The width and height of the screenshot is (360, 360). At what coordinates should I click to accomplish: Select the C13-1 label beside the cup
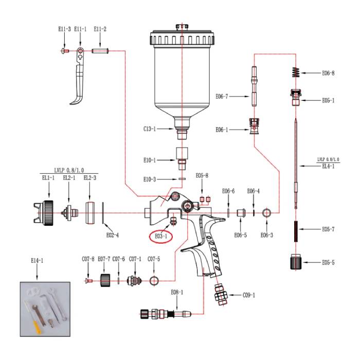(151, 130)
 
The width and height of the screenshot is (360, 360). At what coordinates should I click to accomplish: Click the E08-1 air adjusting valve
(165, 313)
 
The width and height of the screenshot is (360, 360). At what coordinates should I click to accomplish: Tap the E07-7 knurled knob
(105, 281)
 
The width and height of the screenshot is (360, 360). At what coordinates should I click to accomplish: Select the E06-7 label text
(225, 96)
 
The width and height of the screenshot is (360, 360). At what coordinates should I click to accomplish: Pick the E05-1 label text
(328, 100)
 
